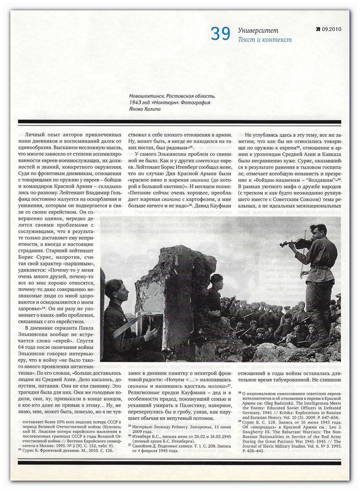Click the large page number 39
(x=221, y=34)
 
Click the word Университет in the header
(x=258, y=31)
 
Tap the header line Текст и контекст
(x=265, y=40)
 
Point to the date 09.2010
(x=331, y=29)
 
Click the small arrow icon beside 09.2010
(x=318, y=29)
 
